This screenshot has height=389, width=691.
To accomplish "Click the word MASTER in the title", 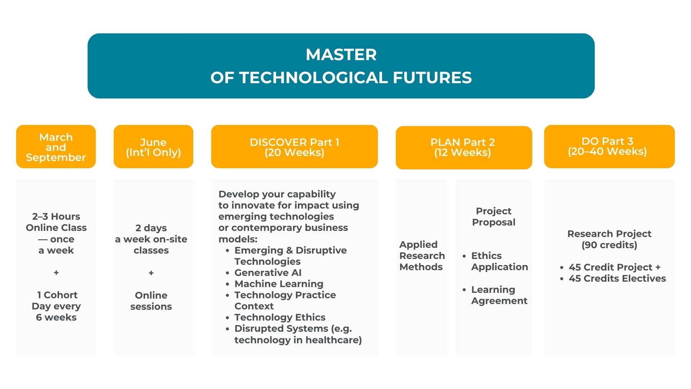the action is pos(341,55).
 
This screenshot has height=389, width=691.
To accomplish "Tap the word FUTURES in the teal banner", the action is pos(432,78).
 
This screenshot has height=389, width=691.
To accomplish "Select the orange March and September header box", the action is pos(56,147).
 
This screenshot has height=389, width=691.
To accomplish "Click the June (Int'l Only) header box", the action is pos(153,147).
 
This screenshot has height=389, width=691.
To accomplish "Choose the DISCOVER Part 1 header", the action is pos(294,147).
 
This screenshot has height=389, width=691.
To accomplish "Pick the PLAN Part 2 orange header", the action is pos(464,148).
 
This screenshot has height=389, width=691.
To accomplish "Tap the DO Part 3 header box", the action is pos(609,147).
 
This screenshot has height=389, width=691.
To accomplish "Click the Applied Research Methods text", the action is pos(422,256).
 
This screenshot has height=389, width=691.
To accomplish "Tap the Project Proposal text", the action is pos(494,216).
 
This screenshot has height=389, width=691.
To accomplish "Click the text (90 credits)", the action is pos(609,245).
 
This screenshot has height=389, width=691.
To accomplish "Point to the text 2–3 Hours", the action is pos(56,216).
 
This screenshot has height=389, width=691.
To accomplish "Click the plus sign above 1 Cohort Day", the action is pos(56,273).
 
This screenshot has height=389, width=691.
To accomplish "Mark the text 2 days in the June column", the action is pos(151,228).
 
